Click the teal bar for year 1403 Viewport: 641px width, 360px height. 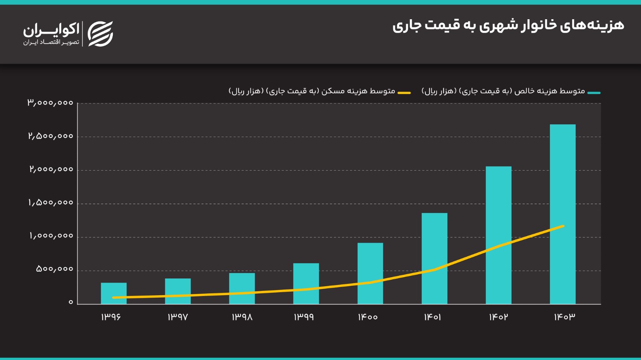click(x=562, y=214)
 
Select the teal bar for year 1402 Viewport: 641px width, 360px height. click(x=498, y=235)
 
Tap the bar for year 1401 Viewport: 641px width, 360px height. click(x=434, y=258)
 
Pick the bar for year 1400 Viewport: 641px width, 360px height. click(x=370, y=273)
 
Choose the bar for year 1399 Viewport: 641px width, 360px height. click(x=306, y=284)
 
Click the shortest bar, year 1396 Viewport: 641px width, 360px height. click(x=114, y=293)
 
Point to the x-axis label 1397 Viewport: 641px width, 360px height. click(x=178, y=317)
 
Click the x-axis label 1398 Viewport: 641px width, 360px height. click(x=242, y=317)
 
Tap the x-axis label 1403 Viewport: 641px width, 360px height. click(x=565, y=317)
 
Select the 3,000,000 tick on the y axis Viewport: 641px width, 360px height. click(x=50, y=103)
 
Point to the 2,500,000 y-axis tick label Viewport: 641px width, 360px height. click(x=51, y=136)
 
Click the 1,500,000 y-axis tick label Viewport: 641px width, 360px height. click(x=51, y=203)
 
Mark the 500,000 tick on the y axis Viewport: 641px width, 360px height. click(x=55, y=269)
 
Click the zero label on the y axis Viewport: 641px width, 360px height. click(x=71, y=302)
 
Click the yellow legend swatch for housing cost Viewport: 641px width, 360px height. click(x=404, y=93)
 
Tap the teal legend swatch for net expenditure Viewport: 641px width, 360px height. click(x=594, y=93)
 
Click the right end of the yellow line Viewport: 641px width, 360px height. click(x=563, y=226)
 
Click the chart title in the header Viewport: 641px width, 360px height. click(x=508, y=25)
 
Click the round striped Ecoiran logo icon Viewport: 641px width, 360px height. click(x=100, y=34)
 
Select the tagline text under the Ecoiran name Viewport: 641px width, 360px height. click(x=51, y=42)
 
